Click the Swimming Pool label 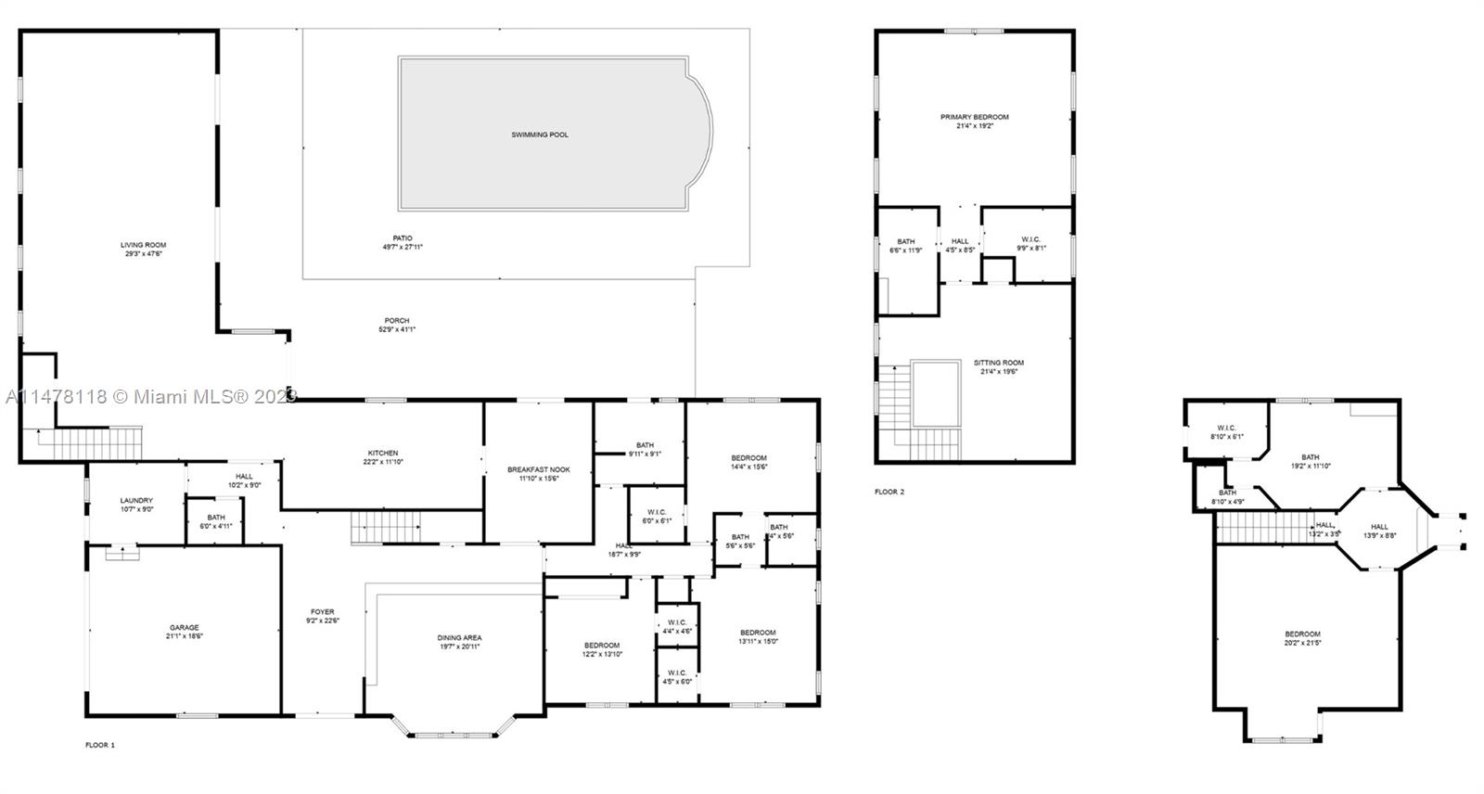[540, 134]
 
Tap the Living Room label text [143, 245]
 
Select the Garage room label [184, 628]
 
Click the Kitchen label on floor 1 [382, 454]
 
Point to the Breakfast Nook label [538, 469]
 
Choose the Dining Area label [459, 637]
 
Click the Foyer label [322, 612]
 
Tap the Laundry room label [136, 501]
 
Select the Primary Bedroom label [974, 117]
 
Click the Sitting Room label [998, 363]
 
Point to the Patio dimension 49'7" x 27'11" [403, 248]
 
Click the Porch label [397, 321]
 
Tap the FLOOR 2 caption [889, 492]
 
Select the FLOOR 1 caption [100, 745]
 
